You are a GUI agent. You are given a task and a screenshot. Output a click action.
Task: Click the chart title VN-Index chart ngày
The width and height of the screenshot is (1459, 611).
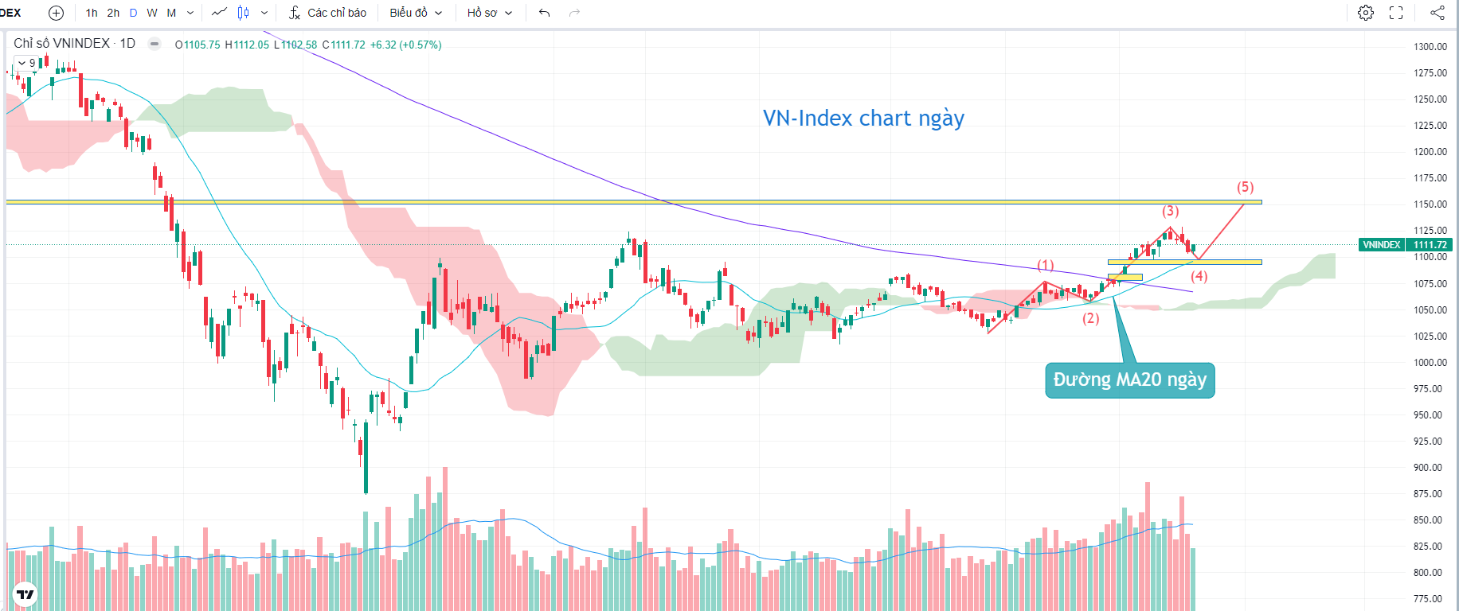click(x=863, y=119)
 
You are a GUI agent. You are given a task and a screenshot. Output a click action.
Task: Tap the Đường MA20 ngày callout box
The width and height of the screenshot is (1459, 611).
click(x=1129, y=380)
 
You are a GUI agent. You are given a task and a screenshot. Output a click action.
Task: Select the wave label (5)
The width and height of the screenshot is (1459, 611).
click(x=1245, y=187)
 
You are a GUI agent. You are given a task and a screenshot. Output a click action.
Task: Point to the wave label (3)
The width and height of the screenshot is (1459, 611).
click(x=1170, y=211)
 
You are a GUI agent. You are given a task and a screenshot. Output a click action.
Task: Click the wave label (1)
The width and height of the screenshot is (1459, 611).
click(x=1045, y=265)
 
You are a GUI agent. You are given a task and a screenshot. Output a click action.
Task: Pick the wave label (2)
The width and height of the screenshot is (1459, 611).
click(x=1090, y=318)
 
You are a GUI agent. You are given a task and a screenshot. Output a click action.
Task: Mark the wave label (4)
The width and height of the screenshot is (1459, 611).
click(x=1199, y=276)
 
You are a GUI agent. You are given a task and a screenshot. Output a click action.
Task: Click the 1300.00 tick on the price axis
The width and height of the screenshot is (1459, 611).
click(x=1430, y=47)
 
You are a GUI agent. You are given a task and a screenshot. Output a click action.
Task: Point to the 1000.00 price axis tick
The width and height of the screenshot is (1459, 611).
click(x=1430, y=363)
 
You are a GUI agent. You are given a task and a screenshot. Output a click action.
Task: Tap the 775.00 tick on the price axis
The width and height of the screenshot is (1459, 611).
click(x=1430, y=599)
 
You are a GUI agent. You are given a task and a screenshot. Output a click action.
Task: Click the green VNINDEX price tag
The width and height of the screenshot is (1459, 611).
click(x=1381, y=245)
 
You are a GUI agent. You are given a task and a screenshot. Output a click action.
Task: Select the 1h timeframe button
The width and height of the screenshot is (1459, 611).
click(x=92, y=13)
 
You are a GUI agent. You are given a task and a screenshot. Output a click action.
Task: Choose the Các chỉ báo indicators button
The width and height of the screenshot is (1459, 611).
click(x=327, y=13)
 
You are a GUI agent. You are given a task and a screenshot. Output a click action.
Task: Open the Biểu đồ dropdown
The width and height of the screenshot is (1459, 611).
click(x=415, y=13)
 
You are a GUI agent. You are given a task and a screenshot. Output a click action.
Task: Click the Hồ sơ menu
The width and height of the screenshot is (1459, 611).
click(x=489, y=13)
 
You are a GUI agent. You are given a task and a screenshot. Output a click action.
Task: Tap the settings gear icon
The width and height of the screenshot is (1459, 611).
click(x=1365, y=13)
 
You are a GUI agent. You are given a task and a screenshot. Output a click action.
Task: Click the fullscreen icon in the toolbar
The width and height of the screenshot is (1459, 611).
click(x=1396, y=13)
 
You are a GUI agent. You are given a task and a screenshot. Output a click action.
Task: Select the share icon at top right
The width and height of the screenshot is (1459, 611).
click(x=1437, y=13)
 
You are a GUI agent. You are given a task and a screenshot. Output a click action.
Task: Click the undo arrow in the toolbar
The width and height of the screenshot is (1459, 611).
click(x=544, y=13)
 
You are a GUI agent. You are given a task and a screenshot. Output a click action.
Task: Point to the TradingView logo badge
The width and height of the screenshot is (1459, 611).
click(x=25, y=593)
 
